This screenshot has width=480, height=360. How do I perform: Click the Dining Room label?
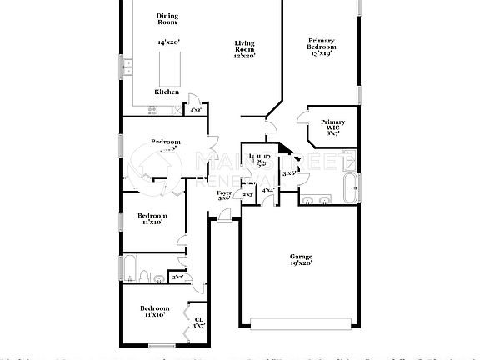[x=167, y=19]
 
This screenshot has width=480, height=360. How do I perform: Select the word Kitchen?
[x=167, y=92]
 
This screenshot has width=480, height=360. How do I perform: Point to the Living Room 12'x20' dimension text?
[x=243, y=56]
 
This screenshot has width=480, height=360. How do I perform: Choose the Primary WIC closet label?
[x=332, y=127]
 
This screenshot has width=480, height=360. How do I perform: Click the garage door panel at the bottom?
[x=300, y=322]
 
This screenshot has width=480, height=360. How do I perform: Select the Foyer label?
[x=224, y=195]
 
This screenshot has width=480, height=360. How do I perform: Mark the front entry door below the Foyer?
[x=223, y=220]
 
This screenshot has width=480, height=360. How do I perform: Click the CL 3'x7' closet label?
[x=198, y=322]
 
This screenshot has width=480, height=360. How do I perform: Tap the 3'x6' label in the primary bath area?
[x=288, y=172]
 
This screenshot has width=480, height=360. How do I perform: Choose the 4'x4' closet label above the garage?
[x=267, y=191]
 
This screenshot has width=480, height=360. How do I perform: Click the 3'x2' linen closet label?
[x=177, y=276]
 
